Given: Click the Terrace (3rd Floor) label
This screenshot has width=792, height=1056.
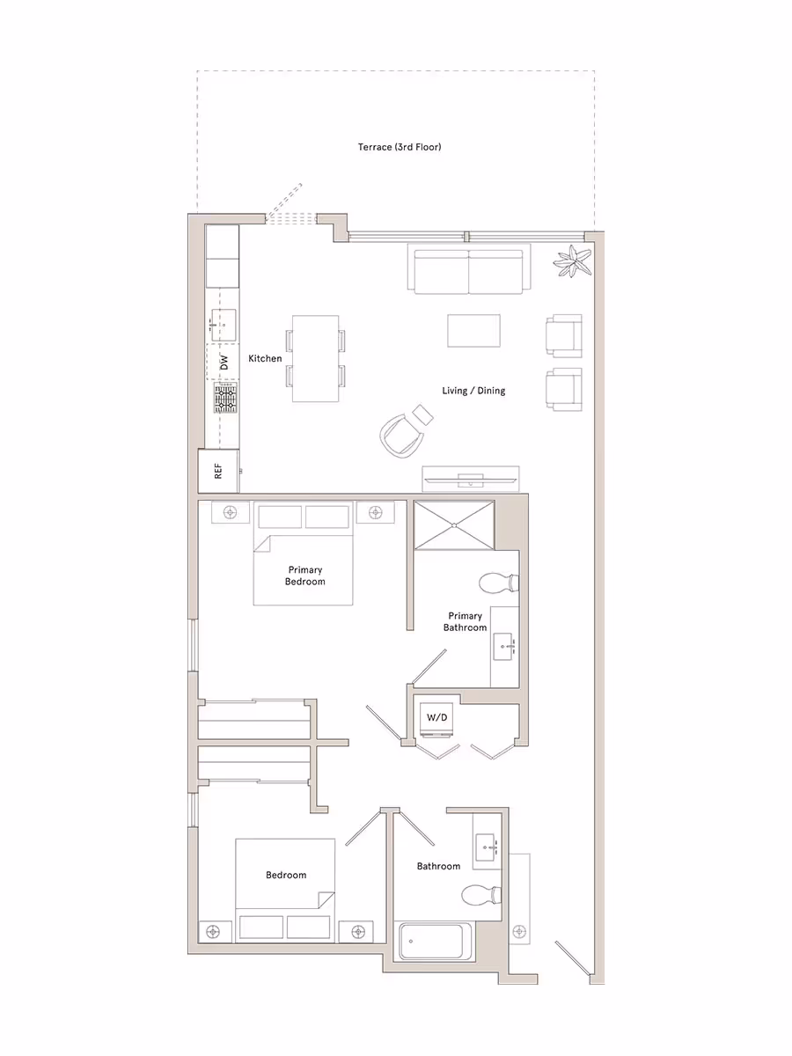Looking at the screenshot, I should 399,147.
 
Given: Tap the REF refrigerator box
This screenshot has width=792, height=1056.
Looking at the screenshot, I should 218,472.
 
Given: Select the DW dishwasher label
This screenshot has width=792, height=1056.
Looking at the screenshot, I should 224,361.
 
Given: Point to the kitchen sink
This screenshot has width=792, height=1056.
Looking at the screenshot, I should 222,325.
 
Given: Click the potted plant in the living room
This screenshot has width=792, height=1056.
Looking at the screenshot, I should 574,262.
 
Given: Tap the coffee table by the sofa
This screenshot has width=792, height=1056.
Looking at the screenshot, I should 473,331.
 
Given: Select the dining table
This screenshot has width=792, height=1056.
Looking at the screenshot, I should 316,358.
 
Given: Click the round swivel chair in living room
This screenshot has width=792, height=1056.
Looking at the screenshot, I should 400,434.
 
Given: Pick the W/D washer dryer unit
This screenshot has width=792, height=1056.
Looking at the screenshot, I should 437,718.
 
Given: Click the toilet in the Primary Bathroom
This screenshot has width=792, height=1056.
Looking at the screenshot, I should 499,582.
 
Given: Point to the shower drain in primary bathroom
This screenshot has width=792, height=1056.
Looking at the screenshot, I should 453,525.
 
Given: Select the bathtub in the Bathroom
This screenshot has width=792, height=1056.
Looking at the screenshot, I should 436,942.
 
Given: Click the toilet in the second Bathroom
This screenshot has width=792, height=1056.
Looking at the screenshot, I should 480,896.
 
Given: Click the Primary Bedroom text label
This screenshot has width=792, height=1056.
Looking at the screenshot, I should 304,576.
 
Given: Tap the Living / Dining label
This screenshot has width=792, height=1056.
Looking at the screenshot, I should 473,390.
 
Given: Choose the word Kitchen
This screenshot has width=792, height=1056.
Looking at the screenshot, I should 265,359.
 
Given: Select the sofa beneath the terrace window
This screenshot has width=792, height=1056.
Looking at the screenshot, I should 468,271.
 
